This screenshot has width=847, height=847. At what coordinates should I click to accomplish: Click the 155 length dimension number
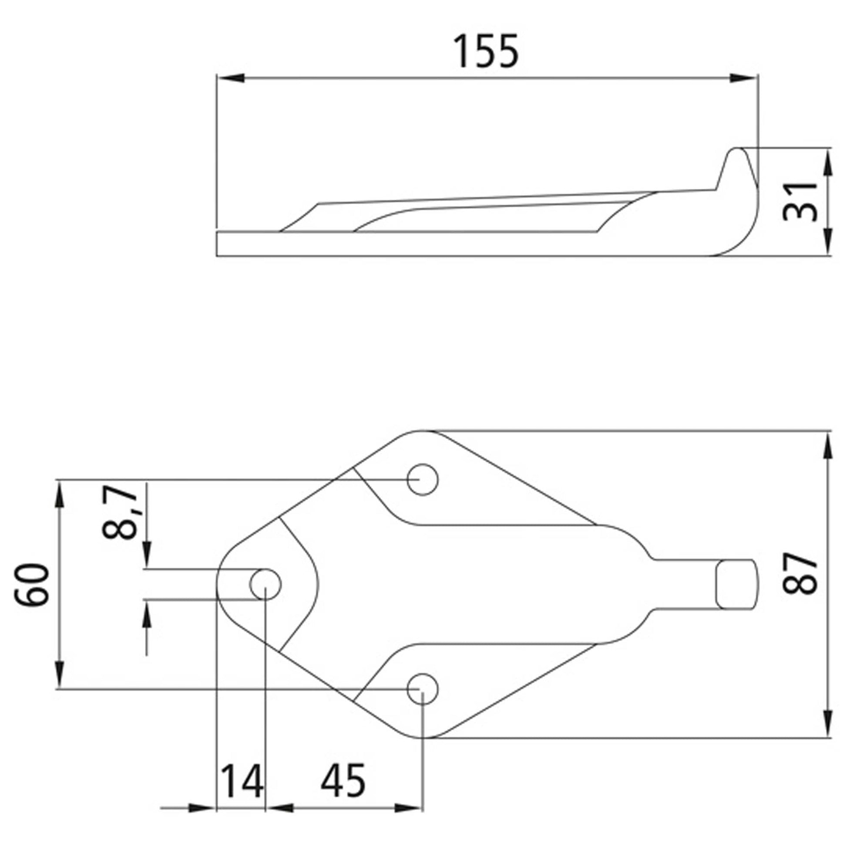click(486, 52)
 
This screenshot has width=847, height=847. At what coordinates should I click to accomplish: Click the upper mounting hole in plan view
click(422, 480)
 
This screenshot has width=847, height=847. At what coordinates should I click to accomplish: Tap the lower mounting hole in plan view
click(422, 689)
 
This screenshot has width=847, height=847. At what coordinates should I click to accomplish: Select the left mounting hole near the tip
click(265, 585)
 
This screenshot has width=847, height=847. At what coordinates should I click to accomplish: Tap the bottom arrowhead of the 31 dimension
click(827, 244)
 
